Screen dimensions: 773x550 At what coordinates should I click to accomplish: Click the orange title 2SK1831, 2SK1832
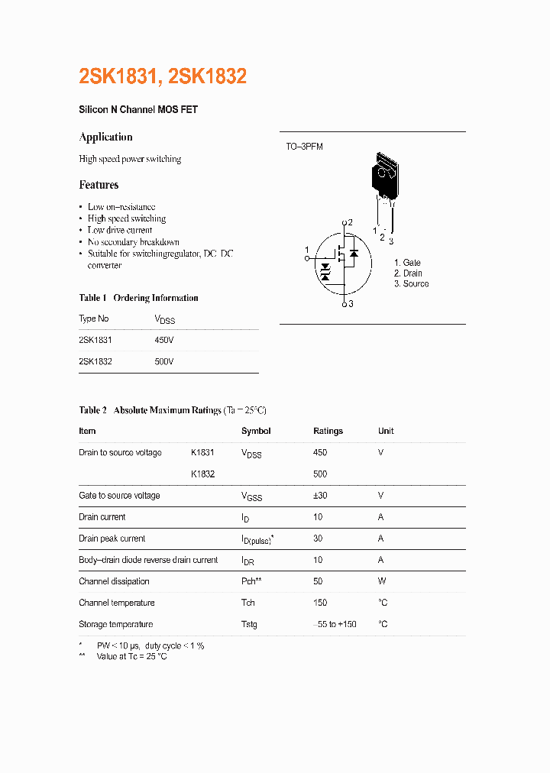pyautogui.click(x=163, y=76)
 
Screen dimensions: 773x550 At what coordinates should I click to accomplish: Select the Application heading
pyautogui.click(x=105, y=137)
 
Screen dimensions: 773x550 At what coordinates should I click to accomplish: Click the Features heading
pyautogui.click(x=99, y=185)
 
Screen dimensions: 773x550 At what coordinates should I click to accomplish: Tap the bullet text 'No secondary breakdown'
pyautogui.click(x=133, y=242)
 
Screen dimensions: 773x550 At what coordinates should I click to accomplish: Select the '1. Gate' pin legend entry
pyautogui.click(x=407, y=263)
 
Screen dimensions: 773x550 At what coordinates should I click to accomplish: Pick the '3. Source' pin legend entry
pyautogui.click(x=411, y=284)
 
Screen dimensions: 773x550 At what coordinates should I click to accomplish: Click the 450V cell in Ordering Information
pyautogui.click(x=164, y=340)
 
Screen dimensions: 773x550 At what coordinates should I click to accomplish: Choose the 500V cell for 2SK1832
pyautogui.click(x=164, y=361)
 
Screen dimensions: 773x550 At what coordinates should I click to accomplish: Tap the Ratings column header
pyautogui.click(x=328, y=432)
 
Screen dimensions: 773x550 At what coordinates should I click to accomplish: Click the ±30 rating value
pyautogui.click(x=320, y=496)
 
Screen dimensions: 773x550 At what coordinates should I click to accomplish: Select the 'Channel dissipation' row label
pyautogui.click(x=114, y=581)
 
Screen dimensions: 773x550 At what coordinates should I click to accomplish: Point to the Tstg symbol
pyautogui.click(x=249, y=624)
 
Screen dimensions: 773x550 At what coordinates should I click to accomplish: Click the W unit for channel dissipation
pyautogui.click(x=382, y=581)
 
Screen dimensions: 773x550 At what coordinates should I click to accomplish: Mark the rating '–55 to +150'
pyautogui.click(x=335, y=624)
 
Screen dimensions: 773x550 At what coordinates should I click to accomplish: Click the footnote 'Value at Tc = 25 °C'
pyautogui.click(x=131, y=657)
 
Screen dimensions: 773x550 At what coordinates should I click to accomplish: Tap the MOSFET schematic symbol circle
pyautogui.click(x=341, y=262)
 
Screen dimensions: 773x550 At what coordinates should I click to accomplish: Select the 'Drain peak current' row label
pyautogui.click(x=112, y=539)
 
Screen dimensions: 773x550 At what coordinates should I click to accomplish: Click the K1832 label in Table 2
pyautogui.click(x=202, y=474)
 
